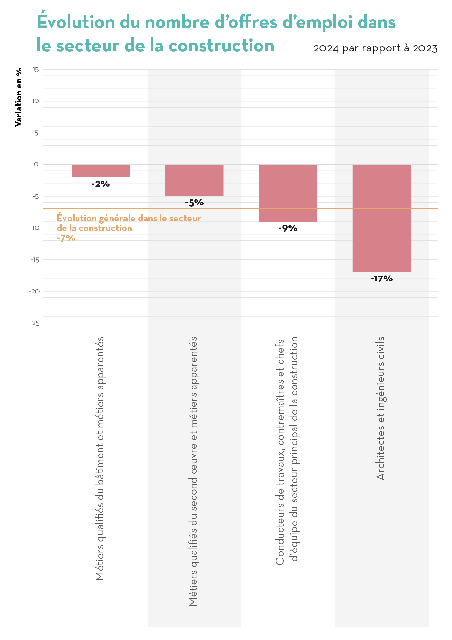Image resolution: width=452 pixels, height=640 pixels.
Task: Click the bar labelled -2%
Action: (101, 171)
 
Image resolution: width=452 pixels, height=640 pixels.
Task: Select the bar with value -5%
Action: (194, 181)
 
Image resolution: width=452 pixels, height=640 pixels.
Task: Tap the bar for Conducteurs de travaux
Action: (288, 193)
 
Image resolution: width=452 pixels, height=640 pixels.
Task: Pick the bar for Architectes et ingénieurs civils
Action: (381, 218)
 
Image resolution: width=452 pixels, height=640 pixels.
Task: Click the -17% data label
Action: (381, 279)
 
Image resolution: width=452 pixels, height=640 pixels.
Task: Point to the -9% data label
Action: (288, 228)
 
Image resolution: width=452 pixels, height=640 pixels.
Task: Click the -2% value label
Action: (101, 184)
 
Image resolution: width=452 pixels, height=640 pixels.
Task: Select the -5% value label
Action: (194, 203)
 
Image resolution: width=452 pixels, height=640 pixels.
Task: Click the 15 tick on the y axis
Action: (35, 69)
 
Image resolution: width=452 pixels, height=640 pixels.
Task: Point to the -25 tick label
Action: (35, 323)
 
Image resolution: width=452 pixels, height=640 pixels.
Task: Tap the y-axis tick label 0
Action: (36, 164)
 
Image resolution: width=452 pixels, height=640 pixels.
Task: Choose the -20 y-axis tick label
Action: (35, 291)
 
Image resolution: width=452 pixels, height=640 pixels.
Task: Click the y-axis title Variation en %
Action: (19, 97)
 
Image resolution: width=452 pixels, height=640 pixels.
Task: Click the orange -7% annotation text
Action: (66, 238)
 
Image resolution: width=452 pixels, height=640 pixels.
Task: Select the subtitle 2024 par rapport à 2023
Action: (375, 48)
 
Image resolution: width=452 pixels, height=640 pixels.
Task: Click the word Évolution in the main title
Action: (76, 22)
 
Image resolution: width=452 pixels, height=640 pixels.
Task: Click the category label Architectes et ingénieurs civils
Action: (380, 408)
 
